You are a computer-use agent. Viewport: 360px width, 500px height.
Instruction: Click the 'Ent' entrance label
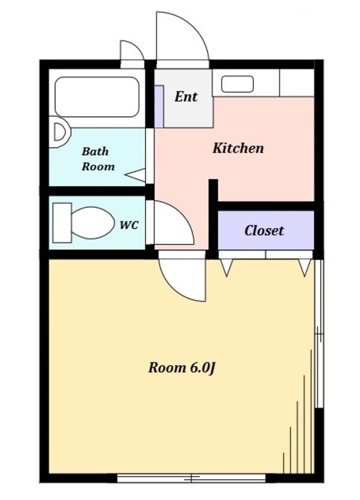(185, 97)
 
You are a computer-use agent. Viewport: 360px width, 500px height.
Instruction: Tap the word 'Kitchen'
(238, 148)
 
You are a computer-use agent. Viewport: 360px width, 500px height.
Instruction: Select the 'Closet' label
(264, 230)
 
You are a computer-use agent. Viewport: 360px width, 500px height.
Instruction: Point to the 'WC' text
(129, 225)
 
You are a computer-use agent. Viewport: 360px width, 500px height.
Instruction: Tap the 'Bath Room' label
(98, 159)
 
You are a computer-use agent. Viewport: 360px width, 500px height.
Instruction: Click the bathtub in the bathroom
(97, 97)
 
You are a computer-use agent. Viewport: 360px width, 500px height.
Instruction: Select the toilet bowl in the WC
(92, 223)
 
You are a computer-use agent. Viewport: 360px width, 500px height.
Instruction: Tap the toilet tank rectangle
(62, 223)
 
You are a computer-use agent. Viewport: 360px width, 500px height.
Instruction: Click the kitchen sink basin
(237, 84)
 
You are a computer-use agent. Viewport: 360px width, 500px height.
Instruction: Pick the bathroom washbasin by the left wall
(59, 132)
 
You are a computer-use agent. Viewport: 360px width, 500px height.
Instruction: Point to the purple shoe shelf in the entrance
(159, 106)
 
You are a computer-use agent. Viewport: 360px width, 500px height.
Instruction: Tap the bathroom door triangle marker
(135, 175)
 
